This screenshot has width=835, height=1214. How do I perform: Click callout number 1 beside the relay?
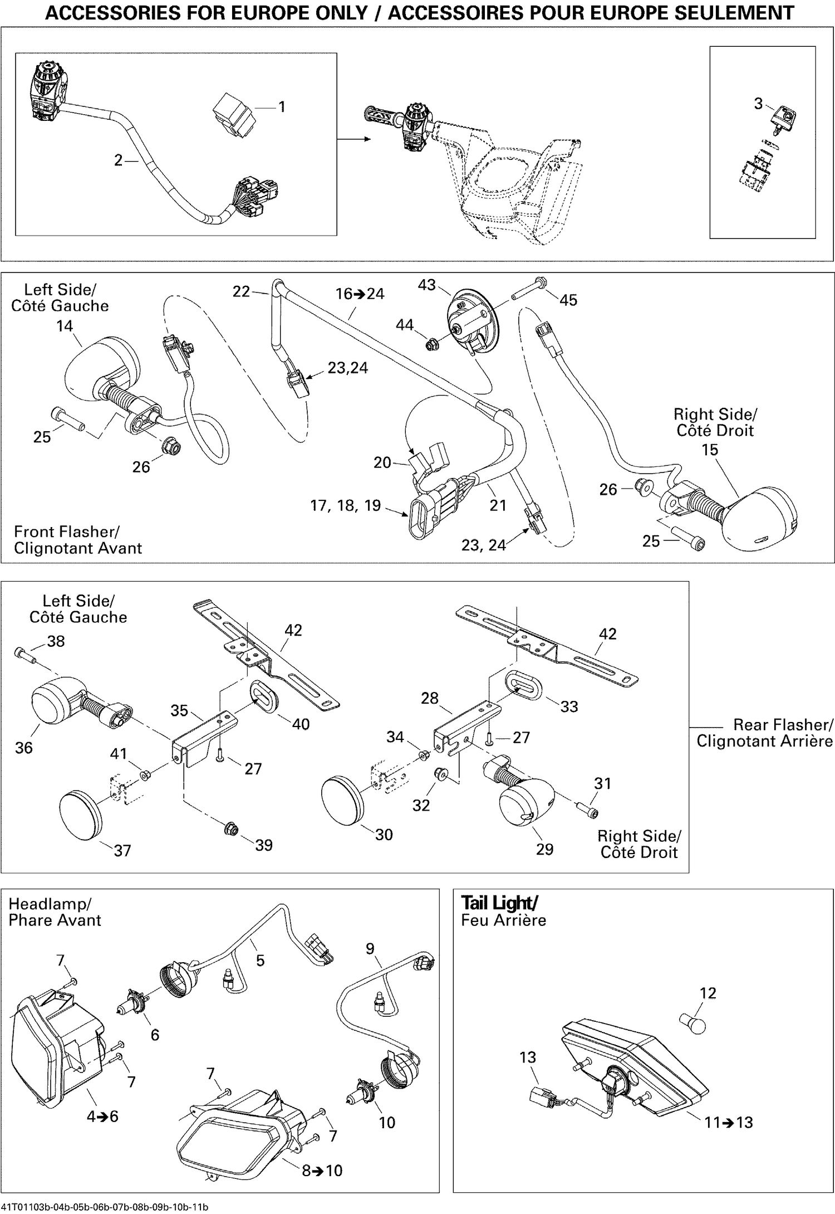[282, 106]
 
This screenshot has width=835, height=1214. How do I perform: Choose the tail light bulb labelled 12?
[694, 1023]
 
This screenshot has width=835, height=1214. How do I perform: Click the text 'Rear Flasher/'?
[783, 725]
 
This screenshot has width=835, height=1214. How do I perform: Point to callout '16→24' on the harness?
[360, 294]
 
